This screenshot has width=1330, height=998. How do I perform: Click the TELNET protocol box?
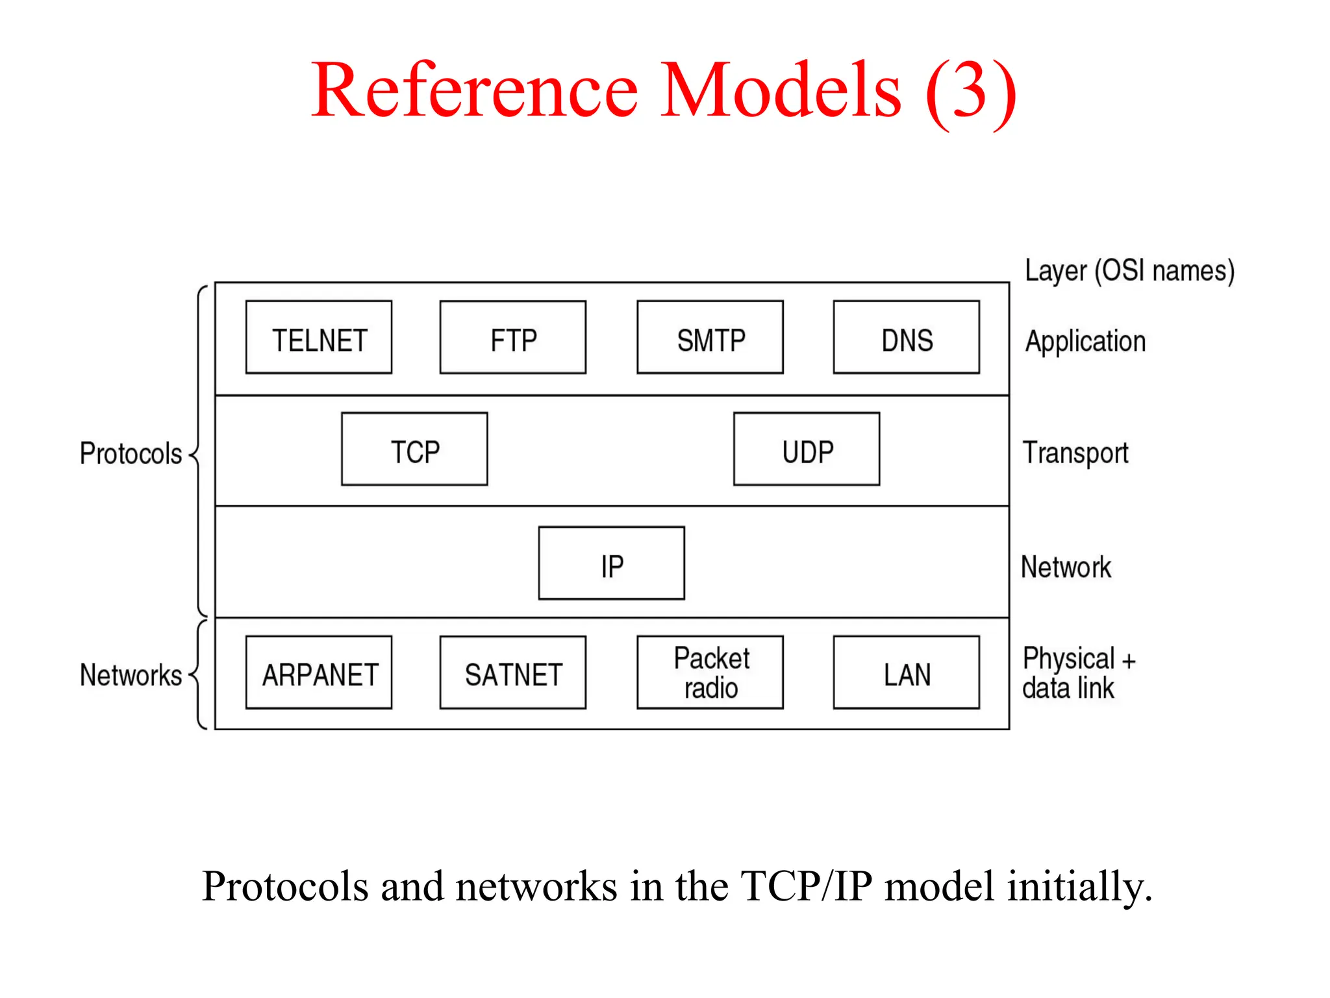pyautogui.click(x=319, y=337)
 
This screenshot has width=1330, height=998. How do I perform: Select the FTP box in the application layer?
pyautogui.click(x=513, y=337)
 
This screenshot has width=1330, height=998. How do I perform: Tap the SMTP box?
pyautogui.click(x=710, y=337)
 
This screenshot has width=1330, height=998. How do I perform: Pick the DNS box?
pyautogui.click(x=907, y=337)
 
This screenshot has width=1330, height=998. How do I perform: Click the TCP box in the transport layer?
pyautogui.click(x=414, y=449)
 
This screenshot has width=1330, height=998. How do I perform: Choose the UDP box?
pyautogui.click(x=807, y=449)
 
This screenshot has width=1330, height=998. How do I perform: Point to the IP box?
pyautogui.click(x=612, y=563)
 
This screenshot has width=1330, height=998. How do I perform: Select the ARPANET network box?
pyautogui.click(x=319, y=672)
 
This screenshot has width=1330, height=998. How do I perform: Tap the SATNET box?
pyautogui.click(x=513, y=672)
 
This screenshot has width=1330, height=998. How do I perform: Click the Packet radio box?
pyautogui.click(x=710, y=672)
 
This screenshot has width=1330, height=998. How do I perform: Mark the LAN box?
pyautogui.click(x=907, y=672)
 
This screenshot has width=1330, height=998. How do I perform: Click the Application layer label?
pyautogui.click(x=1085, y=342)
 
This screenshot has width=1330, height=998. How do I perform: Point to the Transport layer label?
pyautogui.click(x=1075, y=453)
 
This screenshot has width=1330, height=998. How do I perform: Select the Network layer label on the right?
pyautogui.click(x=1066, y=567)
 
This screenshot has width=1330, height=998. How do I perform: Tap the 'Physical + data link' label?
pyautogui.click(x=1078, y=673)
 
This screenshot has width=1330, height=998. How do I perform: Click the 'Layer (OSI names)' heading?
pyautogui.click(x=1129, y=271)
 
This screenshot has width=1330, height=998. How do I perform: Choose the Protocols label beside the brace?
pyautogui.click(x=131, y=454)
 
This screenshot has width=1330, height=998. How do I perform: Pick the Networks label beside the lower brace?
pyautogui.click(x=131, y=675)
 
